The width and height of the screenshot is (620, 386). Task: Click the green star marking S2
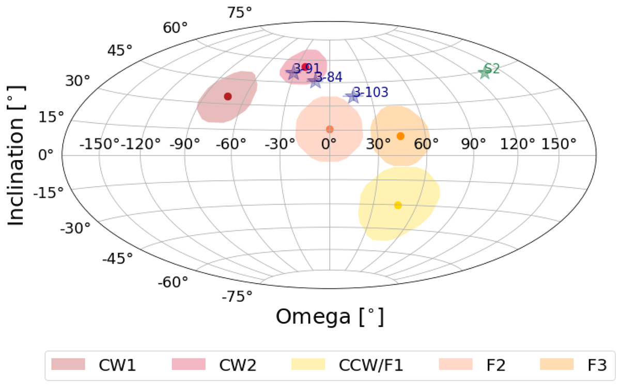click(x=484, y=72)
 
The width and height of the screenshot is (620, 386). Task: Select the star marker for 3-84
click(x=315, y=80)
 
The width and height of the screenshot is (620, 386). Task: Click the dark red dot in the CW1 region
click(x=227, y=97)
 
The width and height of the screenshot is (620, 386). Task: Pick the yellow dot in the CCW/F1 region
click(x=398, y=205)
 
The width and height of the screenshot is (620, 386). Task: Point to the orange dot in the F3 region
click(x=400, y=136)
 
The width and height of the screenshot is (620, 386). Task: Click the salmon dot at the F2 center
click(x=330, y=129)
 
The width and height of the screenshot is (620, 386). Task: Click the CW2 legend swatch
click(x=189, y=365)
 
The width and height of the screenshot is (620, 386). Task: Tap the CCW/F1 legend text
click(x=371, y=365)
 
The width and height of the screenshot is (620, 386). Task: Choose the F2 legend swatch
click(x=456, y=365)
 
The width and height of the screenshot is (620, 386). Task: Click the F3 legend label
click(x=594, y=365)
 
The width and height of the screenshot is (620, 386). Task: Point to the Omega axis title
click(x=330, y=316)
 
